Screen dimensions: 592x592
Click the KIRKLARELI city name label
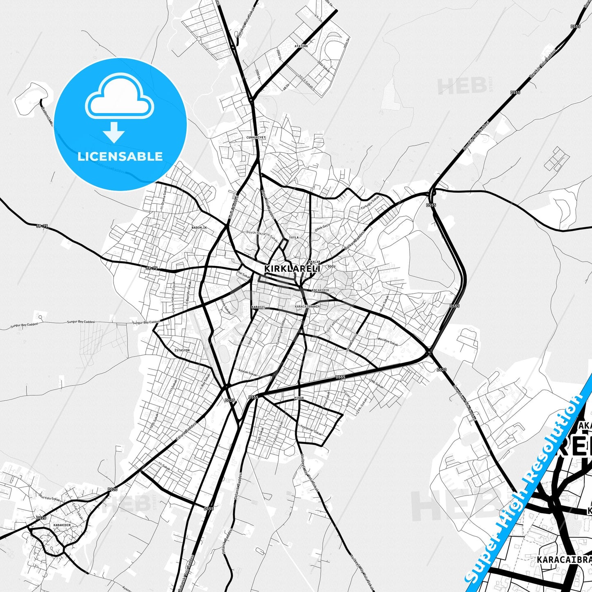pyautogui.click(x=292, y=268)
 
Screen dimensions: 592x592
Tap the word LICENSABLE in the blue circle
pyautogui.click(x=120, y=156)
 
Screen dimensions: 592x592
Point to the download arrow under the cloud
pyautogui.click(x=114, y=132)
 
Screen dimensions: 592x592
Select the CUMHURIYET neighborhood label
pyautogui.click(x=256, y=138)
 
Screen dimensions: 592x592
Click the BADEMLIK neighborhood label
pyautogui.click(x=200, y=227)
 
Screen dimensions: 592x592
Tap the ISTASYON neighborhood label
pyautogui.click(x=182, y=350)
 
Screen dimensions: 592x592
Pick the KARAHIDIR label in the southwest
pyautogui.click(x=62, y=525)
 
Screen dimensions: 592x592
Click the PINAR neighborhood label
pyautogui.click(x=299, y=398)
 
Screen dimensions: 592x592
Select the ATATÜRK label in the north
pyautogui.click(x=301, y=46)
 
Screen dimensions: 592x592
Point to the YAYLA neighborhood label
pyautogui.click(x=294, y=237)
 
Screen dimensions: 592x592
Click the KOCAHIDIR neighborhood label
pyautogui.click(x=320, y=290)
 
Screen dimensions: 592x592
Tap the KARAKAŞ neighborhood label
pyautogui.click(x=259, y=307)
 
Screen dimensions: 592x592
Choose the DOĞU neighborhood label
pyautogui.click(x=331, y=266)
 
